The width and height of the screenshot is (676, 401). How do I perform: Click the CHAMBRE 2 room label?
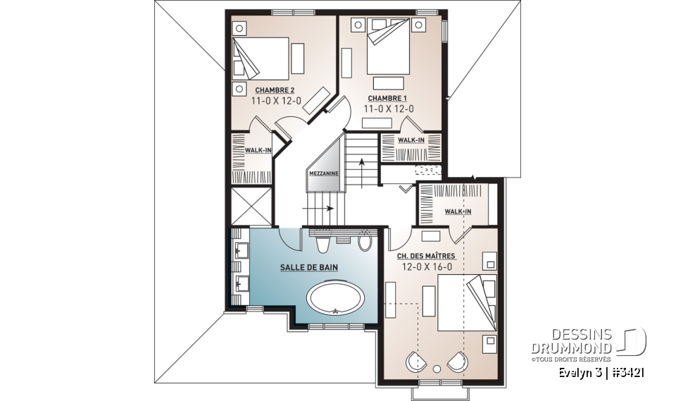[275, 90]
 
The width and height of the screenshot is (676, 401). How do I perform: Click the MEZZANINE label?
[323, 173]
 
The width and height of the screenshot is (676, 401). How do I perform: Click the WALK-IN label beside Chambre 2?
[258, 150]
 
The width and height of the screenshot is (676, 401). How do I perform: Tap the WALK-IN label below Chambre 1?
[411, 140]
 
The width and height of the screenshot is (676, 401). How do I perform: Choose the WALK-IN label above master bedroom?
[457, 211]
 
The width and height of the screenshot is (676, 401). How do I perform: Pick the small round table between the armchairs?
[438, 369]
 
